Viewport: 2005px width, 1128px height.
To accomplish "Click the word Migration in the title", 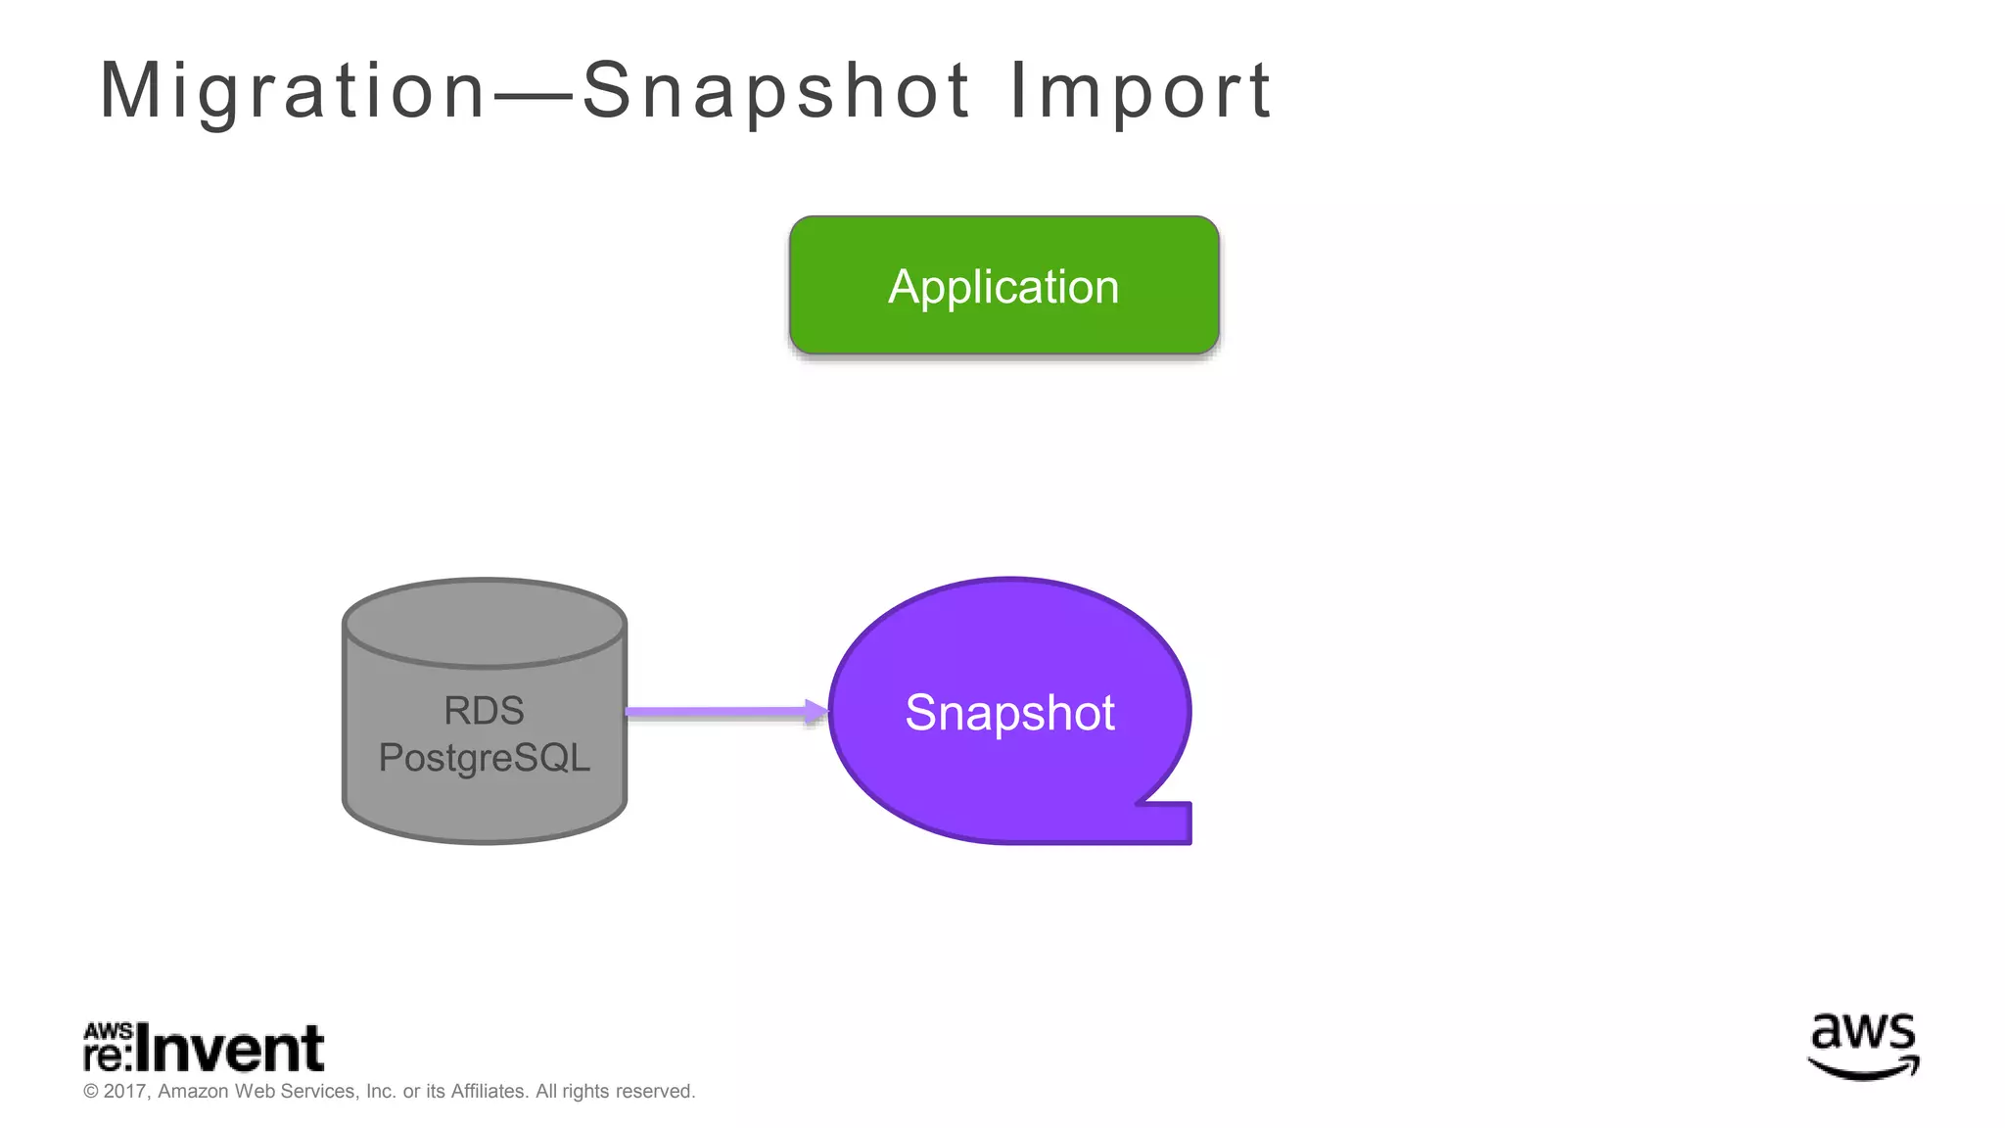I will pyautogui.click(x=292, y=91).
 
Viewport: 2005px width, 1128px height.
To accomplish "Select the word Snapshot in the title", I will pyautogui.click(x=776, y=91).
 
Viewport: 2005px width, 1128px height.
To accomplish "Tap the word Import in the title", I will pyautogui.click(x=1141, y=91).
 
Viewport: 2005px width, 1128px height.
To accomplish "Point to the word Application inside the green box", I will pyautogui.click(x=1003, y=287).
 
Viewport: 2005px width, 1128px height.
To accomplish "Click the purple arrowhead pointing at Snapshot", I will pyautogui.click(x=816, y=712).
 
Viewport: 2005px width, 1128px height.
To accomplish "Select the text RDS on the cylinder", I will pyautogui.click(x=484, y=711).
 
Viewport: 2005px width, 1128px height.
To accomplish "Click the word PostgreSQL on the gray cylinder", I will pyautogui.click(x=484, y=758).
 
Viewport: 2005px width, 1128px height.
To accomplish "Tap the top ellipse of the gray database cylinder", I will pyautogui.click(x=484, y=623).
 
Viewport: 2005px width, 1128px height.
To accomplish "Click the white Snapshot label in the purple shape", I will pyautogui.click(x=1009, y=712).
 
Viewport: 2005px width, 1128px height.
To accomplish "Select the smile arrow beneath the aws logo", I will pyautogui.click(x=1863, y=1070).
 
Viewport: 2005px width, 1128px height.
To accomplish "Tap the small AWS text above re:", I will pyautogui.click(x=108, y=1031).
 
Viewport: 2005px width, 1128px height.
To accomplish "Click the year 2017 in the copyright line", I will pyautogui.click(x=124, y=1091).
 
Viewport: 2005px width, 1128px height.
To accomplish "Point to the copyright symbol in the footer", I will pyautogui.click(x=91, y=1091).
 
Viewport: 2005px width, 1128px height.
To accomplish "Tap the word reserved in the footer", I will pyautogui.click(x=654, y=1091).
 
